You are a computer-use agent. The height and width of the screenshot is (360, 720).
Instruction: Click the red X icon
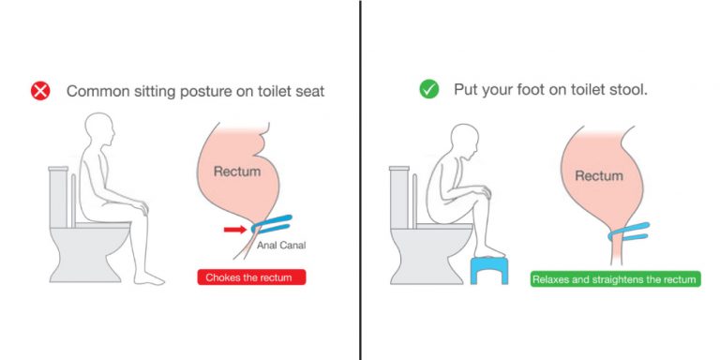[x=40, y=90]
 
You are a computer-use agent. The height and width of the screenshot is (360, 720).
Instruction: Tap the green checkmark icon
[x=428, y=89]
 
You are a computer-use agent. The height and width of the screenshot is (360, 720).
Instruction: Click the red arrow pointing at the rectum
[x=235, y=229]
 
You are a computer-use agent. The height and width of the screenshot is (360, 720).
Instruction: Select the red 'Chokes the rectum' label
[x=251, y=277]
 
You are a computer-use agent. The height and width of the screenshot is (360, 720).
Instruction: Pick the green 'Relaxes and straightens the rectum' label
[x=615, y=278]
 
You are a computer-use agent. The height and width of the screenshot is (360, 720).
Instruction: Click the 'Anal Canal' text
[x=281, y=246]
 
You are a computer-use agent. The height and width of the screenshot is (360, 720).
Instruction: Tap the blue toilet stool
[x=489, y=270]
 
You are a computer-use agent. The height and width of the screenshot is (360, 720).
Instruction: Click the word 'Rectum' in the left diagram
[x=237, y=172]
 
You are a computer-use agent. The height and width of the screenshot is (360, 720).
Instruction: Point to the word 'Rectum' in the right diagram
[x=599, y=176]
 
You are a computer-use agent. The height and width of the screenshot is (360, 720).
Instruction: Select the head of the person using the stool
[x=465, y=139]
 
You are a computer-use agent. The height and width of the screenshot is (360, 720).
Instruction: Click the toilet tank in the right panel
[x=399, y=198]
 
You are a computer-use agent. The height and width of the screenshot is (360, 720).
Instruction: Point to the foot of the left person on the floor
[x=149, y=277]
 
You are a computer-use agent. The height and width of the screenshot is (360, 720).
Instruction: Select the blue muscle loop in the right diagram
[x=628, y=232]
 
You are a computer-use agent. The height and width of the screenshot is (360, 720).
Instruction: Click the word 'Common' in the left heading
[x=96, y=91]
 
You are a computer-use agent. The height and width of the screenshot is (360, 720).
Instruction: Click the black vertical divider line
[x=360, y=180]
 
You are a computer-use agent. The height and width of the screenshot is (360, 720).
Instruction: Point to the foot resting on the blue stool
[x=489, y=252]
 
